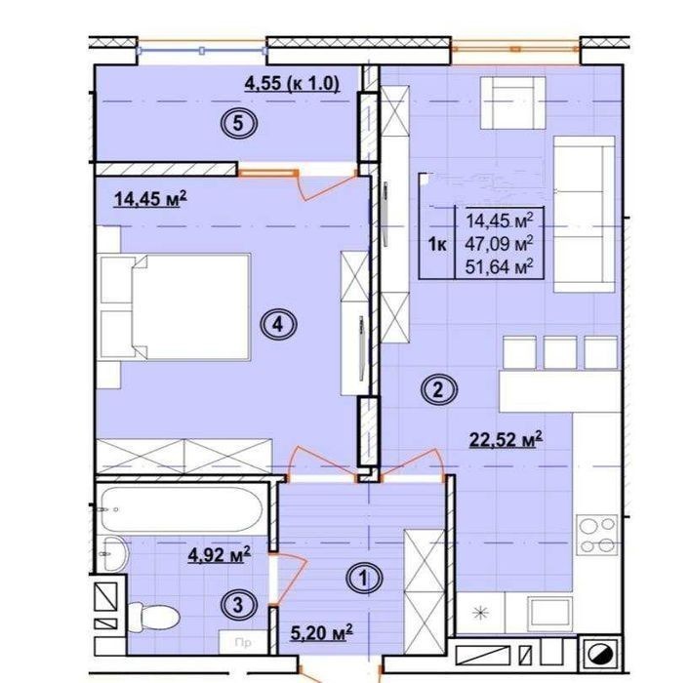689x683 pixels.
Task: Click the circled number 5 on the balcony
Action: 238,123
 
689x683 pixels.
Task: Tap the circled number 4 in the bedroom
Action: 278,325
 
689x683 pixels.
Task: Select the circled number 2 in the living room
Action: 438,389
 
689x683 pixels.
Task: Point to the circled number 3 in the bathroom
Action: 238,605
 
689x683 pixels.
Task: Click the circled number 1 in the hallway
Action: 364,578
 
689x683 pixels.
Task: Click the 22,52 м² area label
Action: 506,439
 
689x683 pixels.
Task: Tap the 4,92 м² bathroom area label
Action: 219,555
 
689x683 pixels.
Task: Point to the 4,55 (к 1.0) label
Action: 292,84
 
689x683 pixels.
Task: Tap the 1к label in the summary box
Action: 437,244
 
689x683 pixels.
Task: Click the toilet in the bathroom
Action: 153,618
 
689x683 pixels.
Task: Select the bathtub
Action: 182,509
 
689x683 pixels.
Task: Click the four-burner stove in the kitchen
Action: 597,536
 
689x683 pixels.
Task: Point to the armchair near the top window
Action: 512,102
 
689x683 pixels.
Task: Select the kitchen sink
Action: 550,614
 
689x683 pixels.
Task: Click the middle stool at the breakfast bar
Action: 560,352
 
